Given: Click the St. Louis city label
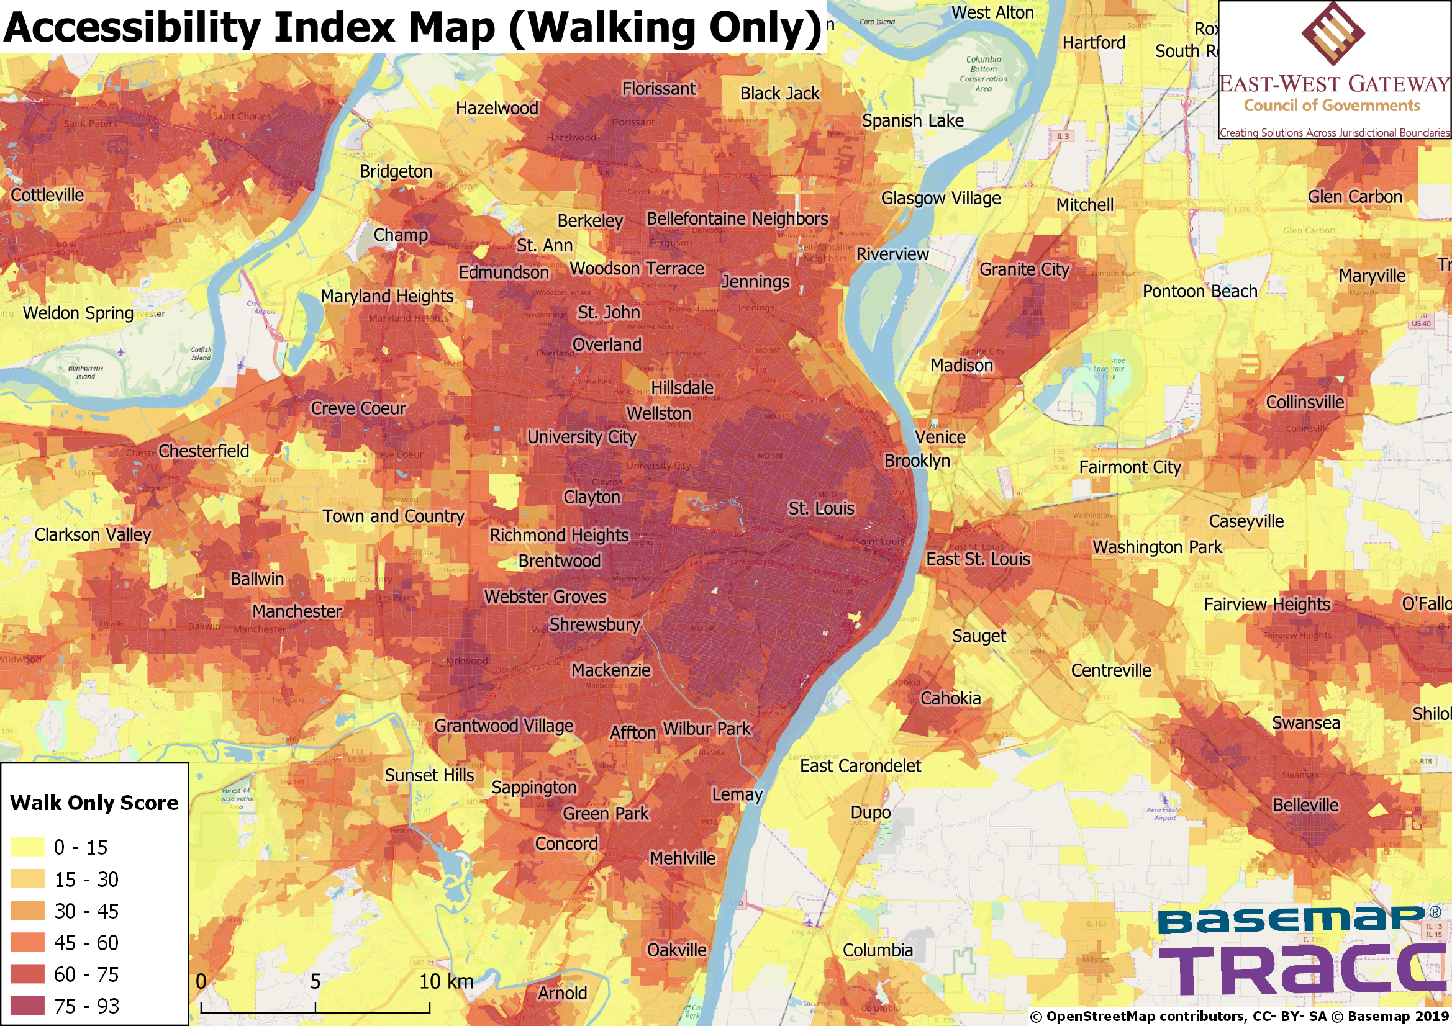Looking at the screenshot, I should coord(821,508).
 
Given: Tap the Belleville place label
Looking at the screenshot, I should coord(1305,805).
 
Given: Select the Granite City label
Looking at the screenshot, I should coord(1024,269).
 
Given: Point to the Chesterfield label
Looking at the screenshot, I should coord(204,451).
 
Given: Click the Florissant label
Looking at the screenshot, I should coord(658,89).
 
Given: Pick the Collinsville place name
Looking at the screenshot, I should coord(1305,402).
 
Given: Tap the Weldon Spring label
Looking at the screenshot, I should coord(78,313).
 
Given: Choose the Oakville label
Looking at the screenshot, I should coord(676,950).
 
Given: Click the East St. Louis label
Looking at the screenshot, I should coord(978,559).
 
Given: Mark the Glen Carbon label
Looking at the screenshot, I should coord(1354,197).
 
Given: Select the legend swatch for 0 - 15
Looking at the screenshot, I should coord(27,847).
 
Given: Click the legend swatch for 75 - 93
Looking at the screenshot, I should coord(27,1005).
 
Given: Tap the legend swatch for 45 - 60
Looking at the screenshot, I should coord(27,942).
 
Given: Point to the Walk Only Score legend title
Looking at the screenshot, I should coord(94,803).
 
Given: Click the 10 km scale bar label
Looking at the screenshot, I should coord(446,981).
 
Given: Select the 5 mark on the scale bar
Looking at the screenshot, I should coord(315,981).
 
